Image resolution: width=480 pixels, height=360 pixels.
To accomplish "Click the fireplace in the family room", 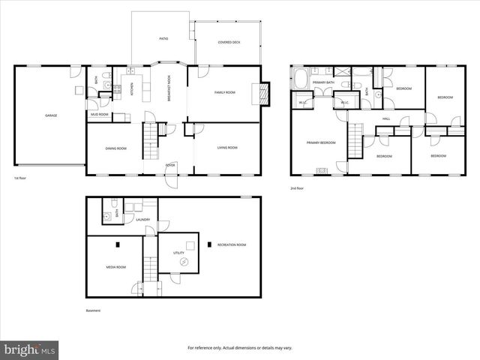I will click(263, 92).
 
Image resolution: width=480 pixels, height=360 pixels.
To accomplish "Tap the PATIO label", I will click(163, 38).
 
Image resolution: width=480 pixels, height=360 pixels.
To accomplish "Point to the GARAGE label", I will click(51, 115).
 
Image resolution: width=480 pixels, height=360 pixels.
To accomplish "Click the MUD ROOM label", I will click(100, 115).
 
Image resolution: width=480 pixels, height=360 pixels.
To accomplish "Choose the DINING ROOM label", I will click(115, 148).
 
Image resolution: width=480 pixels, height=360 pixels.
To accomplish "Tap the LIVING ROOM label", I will click(227, 148).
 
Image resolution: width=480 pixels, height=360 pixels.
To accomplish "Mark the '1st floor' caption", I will click(21, 178).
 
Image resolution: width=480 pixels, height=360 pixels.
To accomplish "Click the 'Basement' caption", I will click(92, 310).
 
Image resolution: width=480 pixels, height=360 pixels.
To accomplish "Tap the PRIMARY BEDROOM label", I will click(320, 142).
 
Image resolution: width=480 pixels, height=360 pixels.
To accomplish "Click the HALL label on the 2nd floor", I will click(386, 118).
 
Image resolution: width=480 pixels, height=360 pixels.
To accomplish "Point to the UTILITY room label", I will click(178, 253).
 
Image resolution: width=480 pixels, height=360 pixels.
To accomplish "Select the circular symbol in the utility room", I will click(184, 260).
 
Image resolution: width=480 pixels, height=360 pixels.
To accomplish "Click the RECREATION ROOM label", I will click(232, 244).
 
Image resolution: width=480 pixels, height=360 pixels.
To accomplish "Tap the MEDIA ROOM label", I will click(115, 267).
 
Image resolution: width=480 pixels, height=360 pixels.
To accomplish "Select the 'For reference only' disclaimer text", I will click(239, 348).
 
